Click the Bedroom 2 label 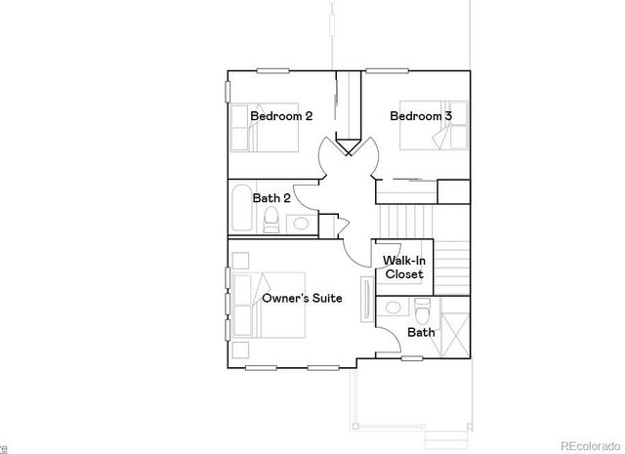281,116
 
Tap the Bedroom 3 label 421,116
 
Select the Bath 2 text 271,198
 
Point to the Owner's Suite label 302,298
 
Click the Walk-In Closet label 403,268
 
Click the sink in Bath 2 302,225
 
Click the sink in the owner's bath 393,309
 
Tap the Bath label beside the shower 421,332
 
